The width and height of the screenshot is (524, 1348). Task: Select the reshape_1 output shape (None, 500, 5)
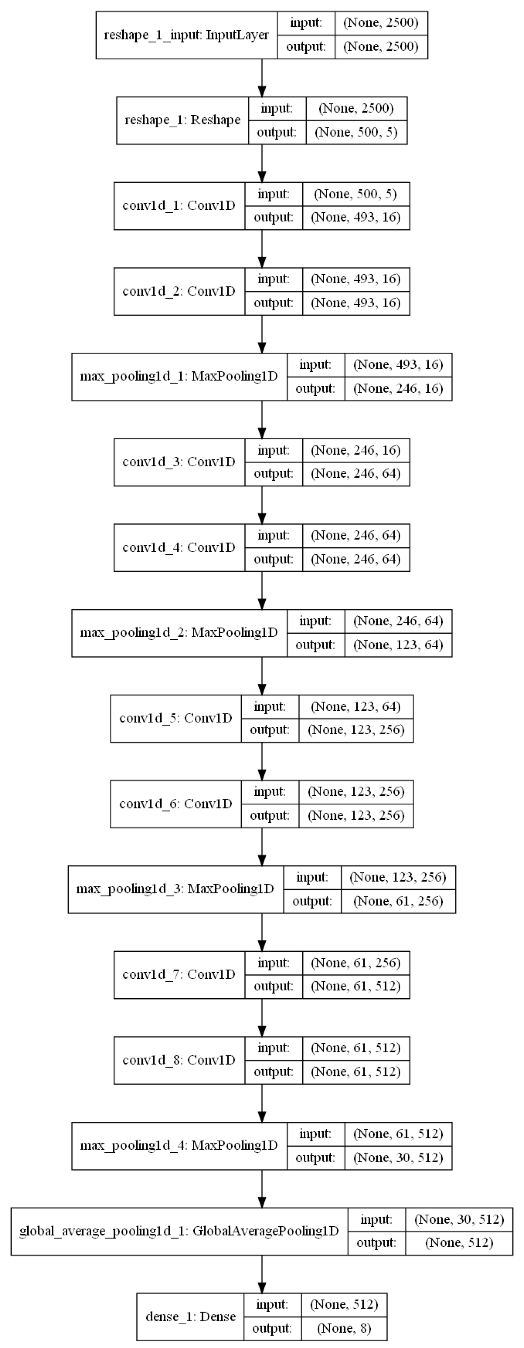(356, 132)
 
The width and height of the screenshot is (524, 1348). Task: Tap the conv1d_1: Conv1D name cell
(179, 205)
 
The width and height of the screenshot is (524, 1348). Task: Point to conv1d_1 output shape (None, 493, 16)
(356, 217)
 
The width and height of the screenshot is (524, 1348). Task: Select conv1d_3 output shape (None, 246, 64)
(356, 474)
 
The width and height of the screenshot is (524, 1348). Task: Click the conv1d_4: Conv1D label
(179, 547)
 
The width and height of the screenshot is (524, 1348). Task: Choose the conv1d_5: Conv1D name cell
(176, 718)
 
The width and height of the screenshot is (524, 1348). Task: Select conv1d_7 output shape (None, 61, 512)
(356, 987)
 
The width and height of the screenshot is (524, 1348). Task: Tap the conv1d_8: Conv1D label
(179, 1060)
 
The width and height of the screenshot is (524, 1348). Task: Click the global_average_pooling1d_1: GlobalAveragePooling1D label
(179, 1231)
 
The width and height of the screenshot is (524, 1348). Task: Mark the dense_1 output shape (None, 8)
(344, 1328)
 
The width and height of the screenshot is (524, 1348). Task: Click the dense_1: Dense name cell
(191, 1316)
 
